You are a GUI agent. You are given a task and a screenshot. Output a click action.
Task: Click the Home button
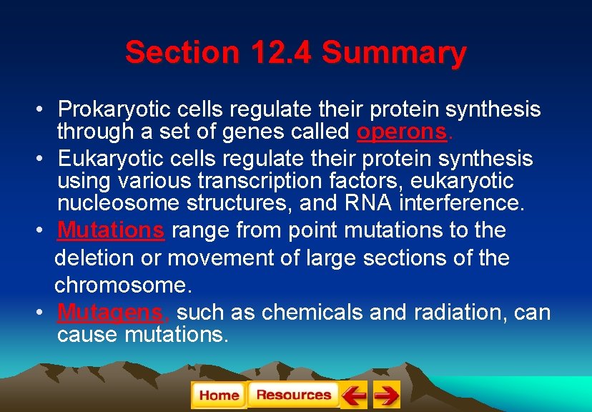tap(219, 395)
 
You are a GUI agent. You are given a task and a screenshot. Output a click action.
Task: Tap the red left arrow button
tap(354, 395)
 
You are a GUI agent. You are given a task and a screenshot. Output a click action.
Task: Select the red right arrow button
tap(386, 395)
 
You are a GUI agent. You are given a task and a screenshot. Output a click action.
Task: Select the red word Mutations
tap(111, 230)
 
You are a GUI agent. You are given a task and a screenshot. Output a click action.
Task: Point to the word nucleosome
tap(118, 203)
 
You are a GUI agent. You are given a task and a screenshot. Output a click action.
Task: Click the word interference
tap(462, 203)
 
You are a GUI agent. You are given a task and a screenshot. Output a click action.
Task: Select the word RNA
tap(367, 203)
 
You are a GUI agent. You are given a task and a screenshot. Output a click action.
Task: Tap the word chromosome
tap(122, 285)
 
